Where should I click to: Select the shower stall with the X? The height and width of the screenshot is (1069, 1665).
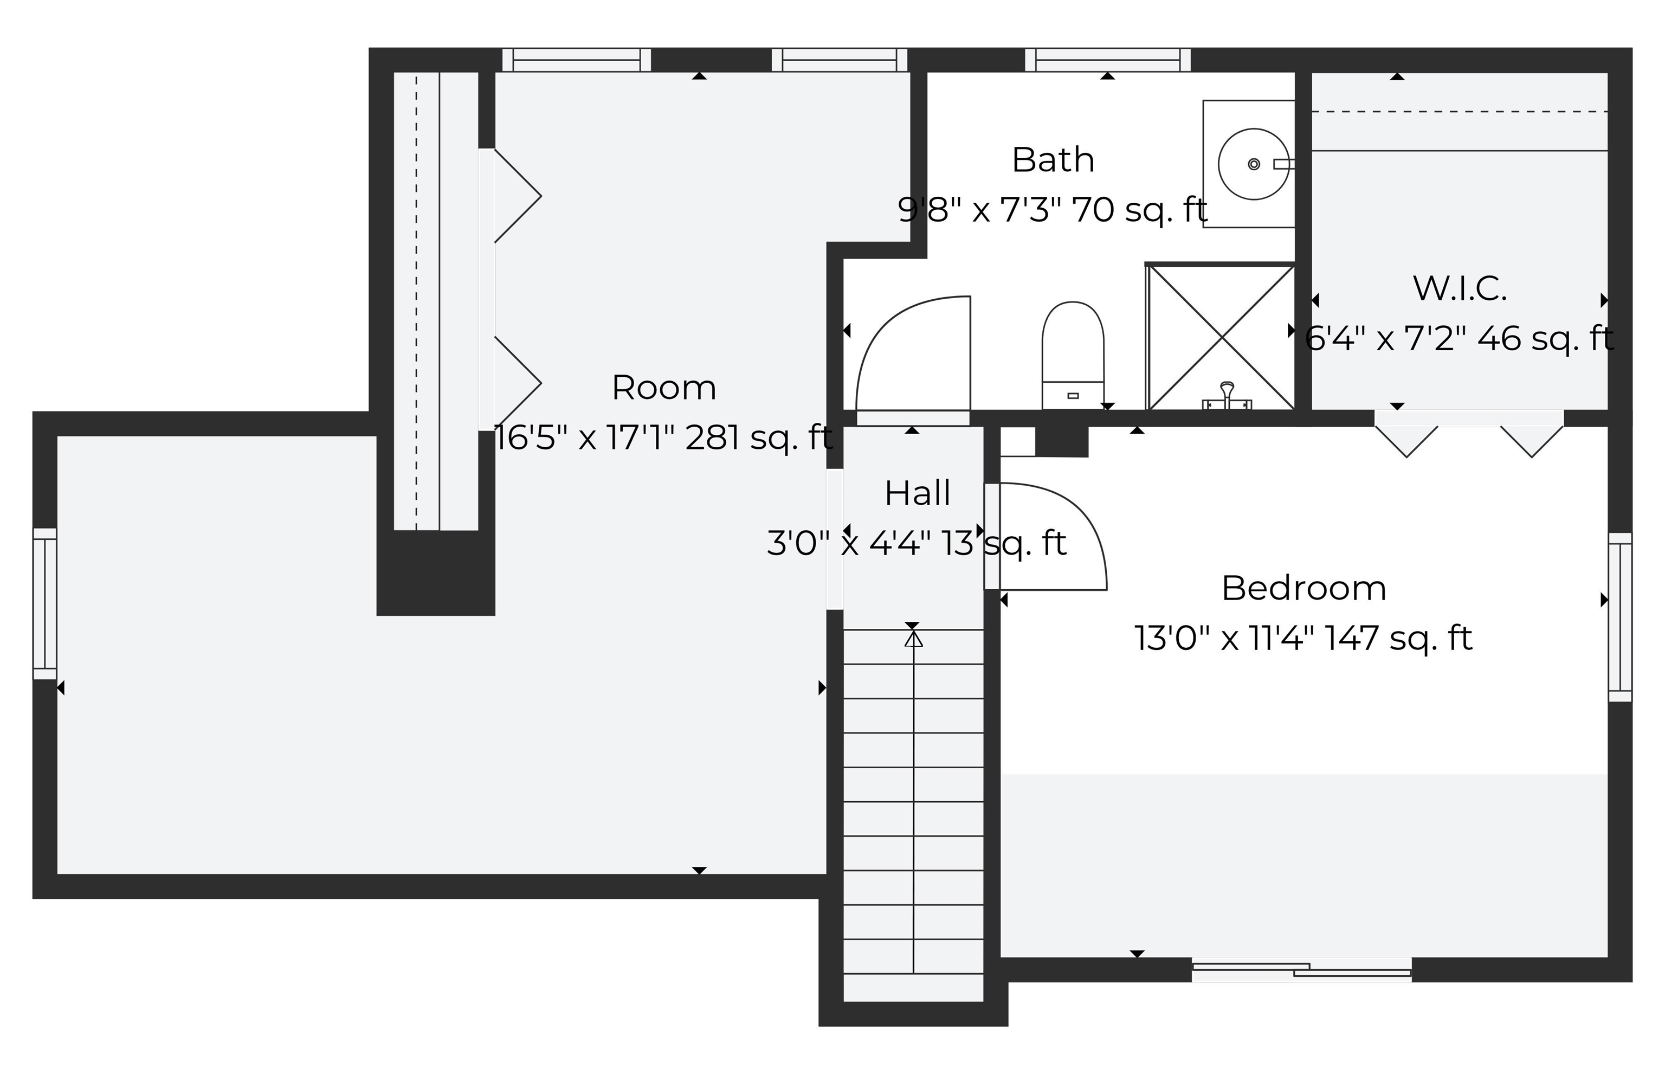[x=1221, y=337]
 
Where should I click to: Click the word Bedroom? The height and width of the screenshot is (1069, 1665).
[x=1303, y=589]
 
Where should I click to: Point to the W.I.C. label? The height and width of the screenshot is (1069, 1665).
[x=1460, y=289]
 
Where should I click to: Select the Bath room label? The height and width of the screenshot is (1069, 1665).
[x=1053, y=160]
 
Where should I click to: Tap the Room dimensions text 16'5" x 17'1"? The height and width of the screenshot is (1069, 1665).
[x=663, y=438]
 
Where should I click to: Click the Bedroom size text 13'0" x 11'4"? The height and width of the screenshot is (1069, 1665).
[x=1303, y=638]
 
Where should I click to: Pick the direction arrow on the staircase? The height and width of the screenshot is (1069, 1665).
[x=913, y=639]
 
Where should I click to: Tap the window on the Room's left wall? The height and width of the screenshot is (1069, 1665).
[x=45, y=603]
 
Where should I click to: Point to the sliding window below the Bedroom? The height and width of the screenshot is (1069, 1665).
[x=1301, y=970]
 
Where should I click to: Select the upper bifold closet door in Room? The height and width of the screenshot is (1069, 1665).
[x=517, y=196]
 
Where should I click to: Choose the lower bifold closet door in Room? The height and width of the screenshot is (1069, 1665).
[x=517, y=383]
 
